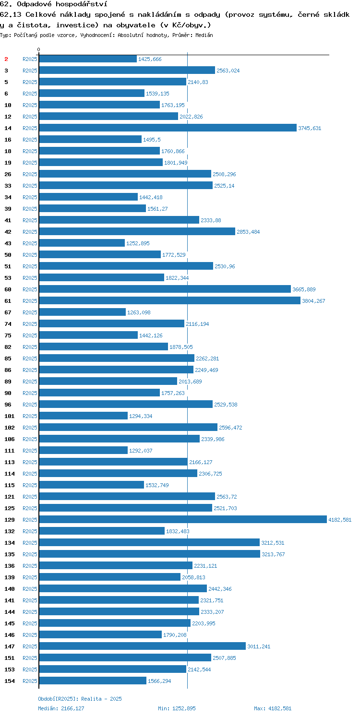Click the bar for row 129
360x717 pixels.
[183, 519]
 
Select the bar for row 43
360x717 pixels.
[82, 243]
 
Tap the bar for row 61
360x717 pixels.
[170, 300]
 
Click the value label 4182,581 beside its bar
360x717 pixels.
[340, 519]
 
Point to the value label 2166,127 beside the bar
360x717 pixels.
[201, 462]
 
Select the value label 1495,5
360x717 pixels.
[152, 139]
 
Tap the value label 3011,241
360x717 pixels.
[259, 646]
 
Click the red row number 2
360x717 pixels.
[6, 59]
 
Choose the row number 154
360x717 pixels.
[10, 681]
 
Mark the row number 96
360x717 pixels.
[8, 404]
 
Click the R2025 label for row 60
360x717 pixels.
[30, 289]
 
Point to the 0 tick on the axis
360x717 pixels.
[39, 49]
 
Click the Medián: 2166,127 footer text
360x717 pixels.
[61, 708]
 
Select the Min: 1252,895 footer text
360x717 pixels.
[177, 708]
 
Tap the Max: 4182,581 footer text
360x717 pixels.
[273, 708]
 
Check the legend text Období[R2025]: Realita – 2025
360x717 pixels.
[80, 699]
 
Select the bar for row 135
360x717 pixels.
[150, 554]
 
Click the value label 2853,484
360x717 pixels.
[248, 231]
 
